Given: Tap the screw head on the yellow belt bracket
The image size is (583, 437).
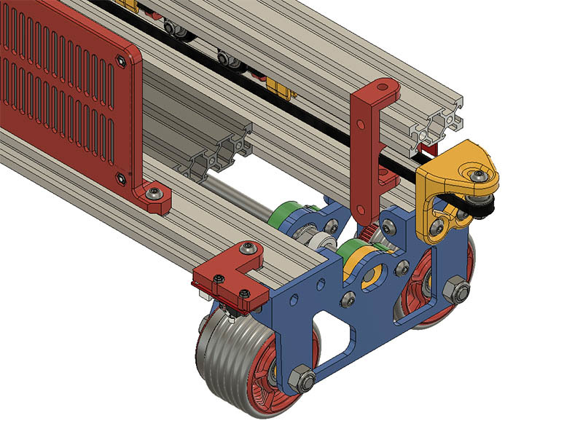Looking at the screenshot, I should [x=478, y=176].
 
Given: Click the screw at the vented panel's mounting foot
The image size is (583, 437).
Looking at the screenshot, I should [x=154, y=194].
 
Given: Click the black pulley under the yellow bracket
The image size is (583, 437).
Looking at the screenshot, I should [x=482, y=208].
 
